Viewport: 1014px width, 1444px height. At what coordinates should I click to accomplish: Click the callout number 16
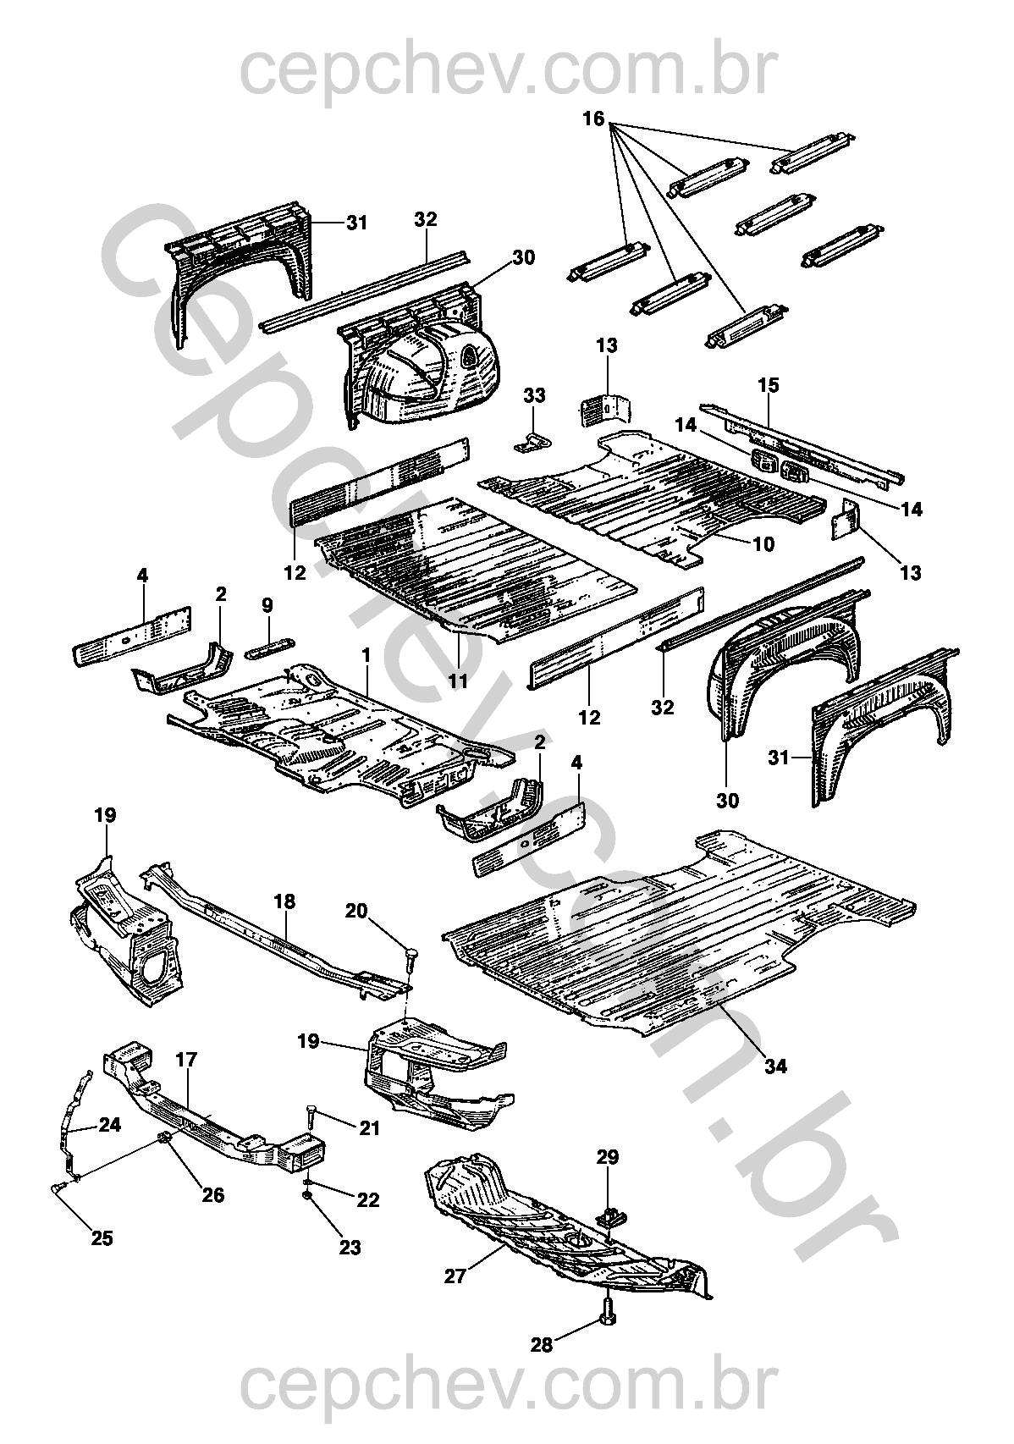pyautogui.click(x=593, y=120)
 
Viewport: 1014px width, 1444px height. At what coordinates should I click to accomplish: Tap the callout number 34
pyautogui.click(x=775, y=1066)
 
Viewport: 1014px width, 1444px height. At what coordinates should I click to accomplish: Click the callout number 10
pyautogui.click(x=763, y=544)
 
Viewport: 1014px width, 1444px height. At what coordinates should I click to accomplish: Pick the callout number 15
pyautogui.click(x=768, y=386)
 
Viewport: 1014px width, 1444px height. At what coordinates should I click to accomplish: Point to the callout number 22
pyautogui.click(x=368, y=1200)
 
